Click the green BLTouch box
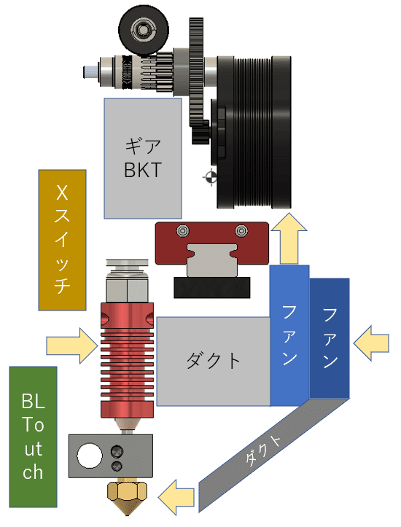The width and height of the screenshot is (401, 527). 33,437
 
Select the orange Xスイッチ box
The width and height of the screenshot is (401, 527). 62,240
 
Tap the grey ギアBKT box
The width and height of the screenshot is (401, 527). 143,158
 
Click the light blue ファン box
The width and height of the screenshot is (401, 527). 289,335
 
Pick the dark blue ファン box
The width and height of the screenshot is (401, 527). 330,338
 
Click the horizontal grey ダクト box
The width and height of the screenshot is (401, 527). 214,362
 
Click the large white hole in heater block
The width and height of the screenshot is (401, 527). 90,456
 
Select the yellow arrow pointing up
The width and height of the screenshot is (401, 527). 289,238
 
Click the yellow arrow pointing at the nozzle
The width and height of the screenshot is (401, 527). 176,497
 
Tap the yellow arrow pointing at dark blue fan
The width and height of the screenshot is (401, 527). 371,343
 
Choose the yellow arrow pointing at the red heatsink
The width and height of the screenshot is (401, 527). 72,346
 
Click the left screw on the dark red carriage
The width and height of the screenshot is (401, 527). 183,231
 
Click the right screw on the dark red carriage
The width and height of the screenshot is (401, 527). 241,231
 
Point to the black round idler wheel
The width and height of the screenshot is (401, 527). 144,30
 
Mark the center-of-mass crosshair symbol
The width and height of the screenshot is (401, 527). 211,177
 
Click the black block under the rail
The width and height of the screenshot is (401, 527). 211,287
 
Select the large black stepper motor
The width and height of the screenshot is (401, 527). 254,132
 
